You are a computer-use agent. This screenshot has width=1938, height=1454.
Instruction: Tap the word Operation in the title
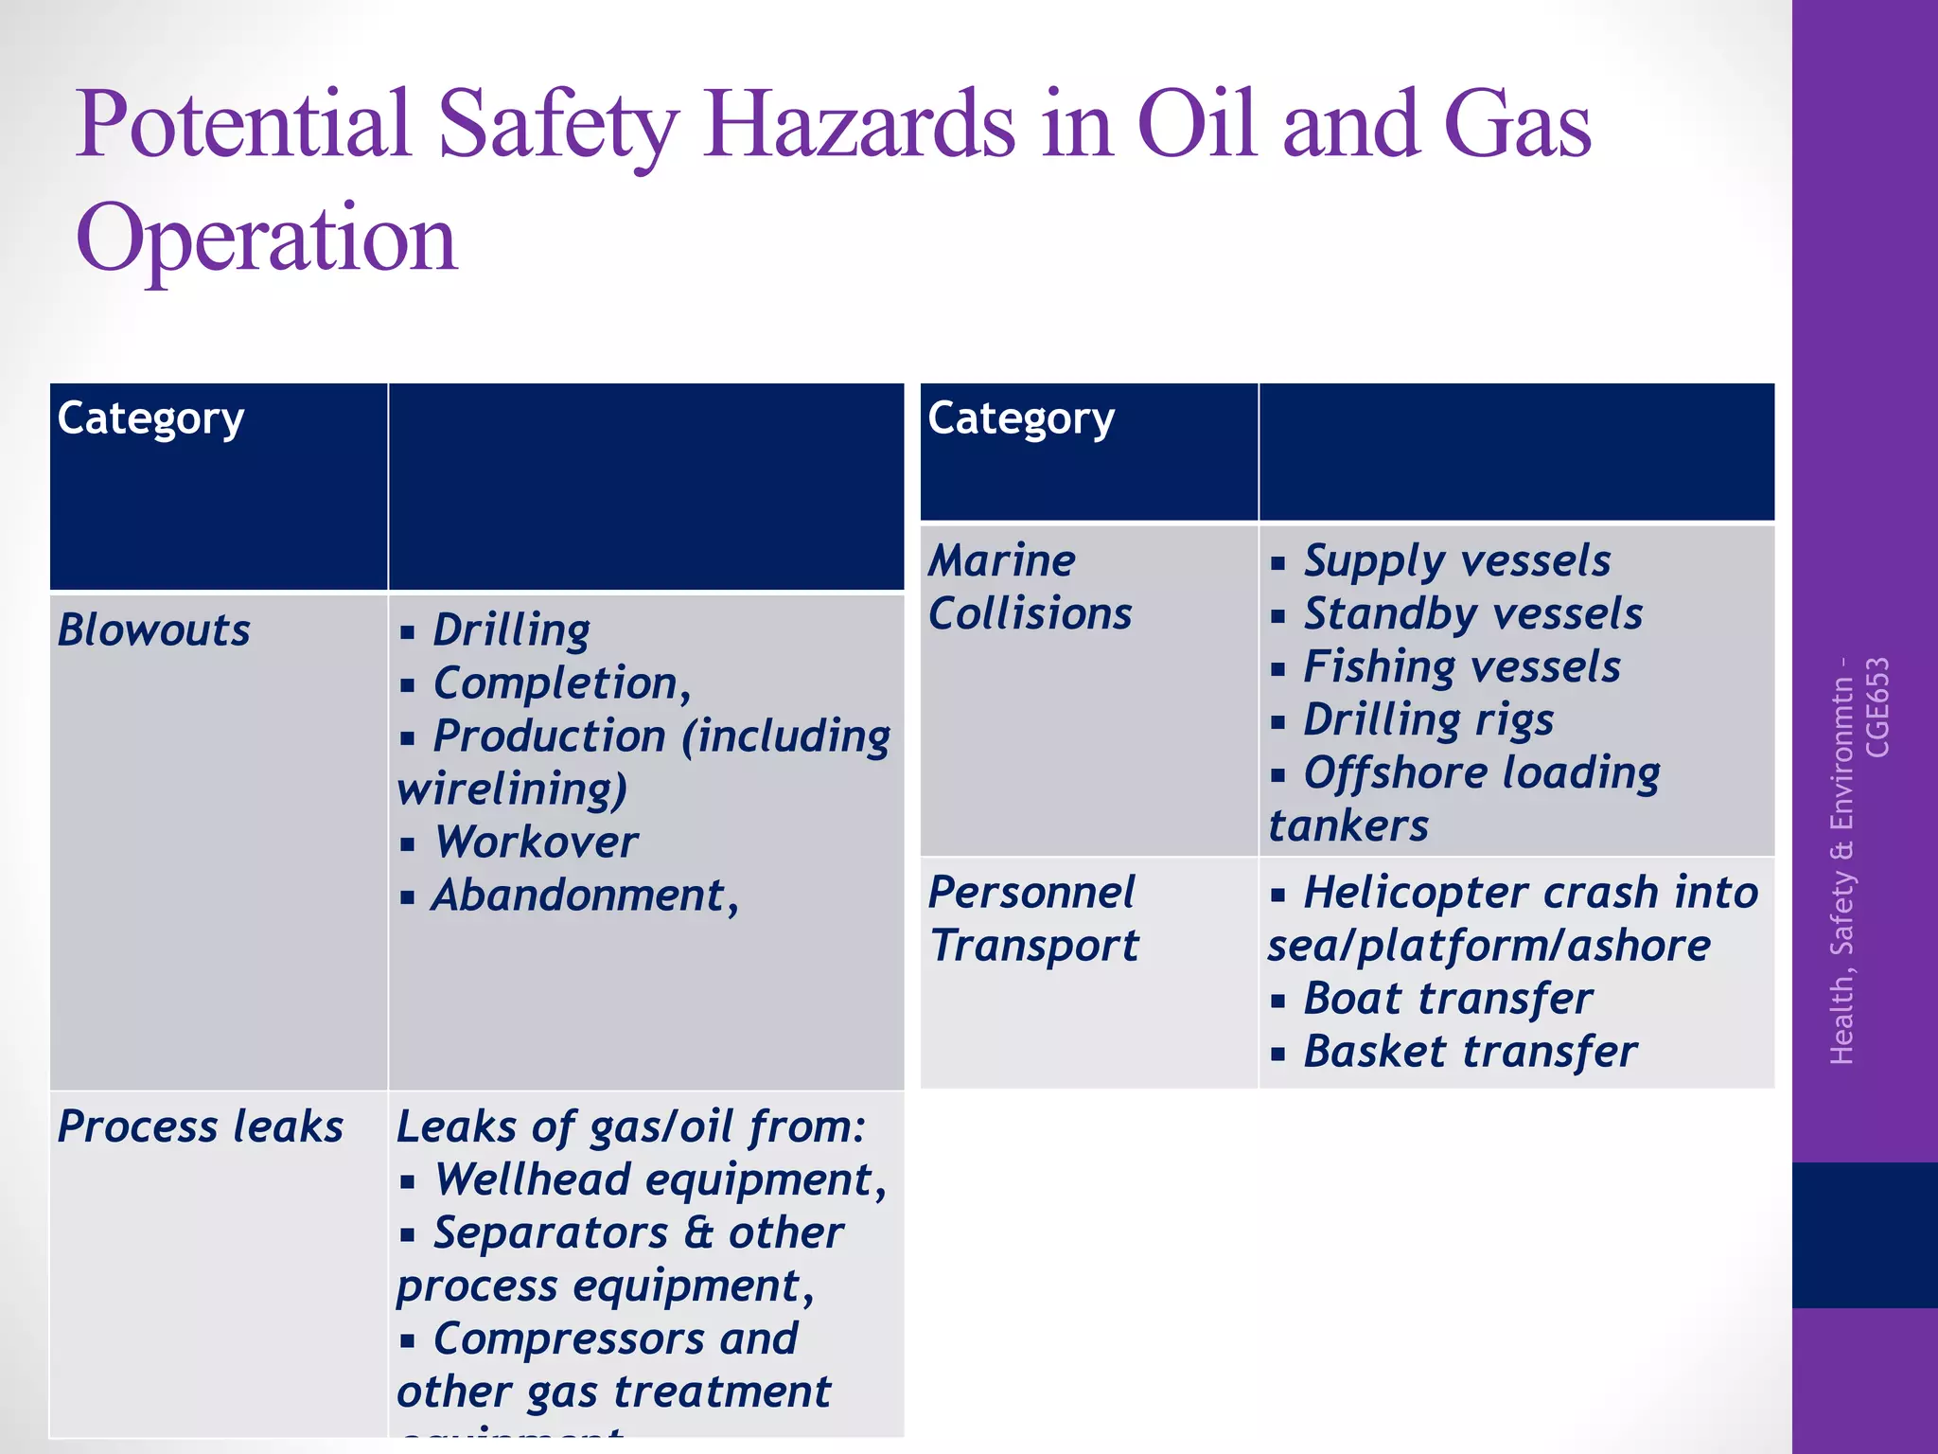pos(267,239)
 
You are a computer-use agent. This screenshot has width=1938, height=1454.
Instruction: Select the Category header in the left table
pos(150,418)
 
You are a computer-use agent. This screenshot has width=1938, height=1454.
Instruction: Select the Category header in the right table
pos(1021,418)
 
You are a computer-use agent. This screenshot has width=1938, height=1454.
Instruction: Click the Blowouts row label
pos(154,630)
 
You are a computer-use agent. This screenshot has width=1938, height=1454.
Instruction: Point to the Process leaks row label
pos(200,1126)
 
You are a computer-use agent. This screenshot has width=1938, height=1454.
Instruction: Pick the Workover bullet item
pos(536,842)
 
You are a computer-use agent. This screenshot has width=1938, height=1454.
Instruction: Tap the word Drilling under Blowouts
pos(511,630)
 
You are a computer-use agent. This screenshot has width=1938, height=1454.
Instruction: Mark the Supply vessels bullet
pos(1456,560)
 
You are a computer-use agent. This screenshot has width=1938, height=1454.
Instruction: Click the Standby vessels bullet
pos(1472,613)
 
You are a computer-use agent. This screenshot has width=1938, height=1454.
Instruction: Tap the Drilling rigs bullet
pos(1428,719)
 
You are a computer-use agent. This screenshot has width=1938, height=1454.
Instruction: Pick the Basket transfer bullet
pos(1470,1052)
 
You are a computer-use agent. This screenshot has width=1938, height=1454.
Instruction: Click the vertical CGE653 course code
pos(1877,707)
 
